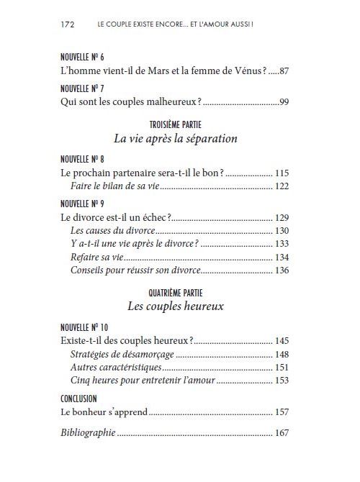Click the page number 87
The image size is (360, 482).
coord(282,71)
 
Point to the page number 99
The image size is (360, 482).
coord(283,103)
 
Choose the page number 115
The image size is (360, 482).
coord(282,173)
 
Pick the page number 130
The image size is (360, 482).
coord(282,230)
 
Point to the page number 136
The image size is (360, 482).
coord(282,270)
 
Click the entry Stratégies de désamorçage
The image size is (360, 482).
coord(122,354)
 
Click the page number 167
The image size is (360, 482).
coord(282,434)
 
